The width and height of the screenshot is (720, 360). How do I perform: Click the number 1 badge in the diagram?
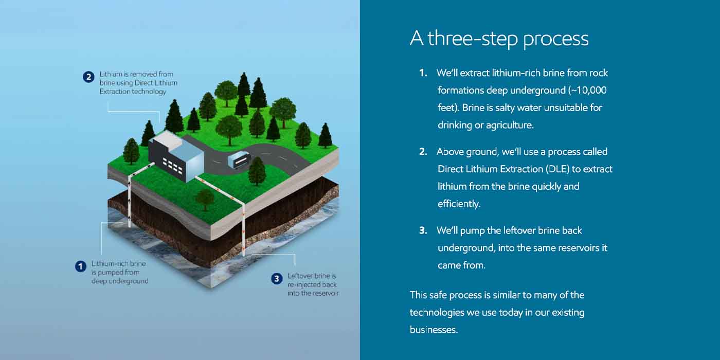(x=80, y=266)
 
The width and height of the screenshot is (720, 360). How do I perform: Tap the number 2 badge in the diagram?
(x=88, y=77)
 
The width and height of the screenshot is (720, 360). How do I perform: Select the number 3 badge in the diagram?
(x=277, y=279)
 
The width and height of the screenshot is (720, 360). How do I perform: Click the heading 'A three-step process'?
(x=499, y=39)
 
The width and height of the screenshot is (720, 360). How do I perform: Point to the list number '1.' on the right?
(x=423, y=73)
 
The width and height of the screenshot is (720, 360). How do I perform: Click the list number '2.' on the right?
(x=423, y=152)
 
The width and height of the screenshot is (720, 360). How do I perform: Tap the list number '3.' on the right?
(x=423, y=230)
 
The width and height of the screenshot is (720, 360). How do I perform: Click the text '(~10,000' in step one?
(x=587, y=91)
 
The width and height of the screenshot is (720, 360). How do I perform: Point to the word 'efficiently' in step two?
(x=458, y=204)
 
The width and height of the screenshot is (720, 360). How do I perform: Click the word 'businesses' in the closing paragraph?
(x=433, y=330)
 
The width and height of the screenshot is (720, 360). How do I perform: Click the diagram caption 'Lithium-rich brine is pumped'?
(x=119, y=272)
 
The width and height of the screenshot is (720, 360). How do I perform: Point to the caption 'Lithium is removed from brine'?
(x=138, y=83)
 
